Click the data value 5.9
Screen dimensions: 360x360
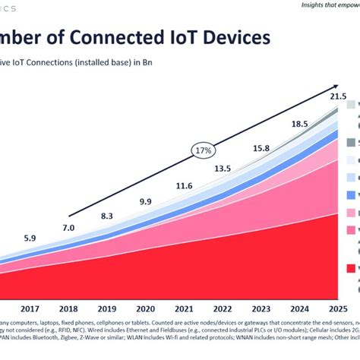[x=30, y=238]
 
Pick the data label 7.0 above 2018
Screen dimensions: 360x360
[x=68, y=228]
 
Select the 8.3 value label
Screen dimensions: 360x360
[x=107, y=216]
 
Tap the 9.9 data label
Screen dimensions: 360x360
[x=146, y=201]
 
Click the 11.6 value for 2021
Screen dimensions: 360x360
[x=184, y=186]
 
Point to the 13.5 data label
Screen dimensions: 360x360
[x=223, y=169]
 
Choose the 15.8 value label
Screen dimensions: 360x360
[x=261, y=148]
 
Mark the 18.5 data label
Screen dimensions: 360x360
[x=299, y=124]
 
